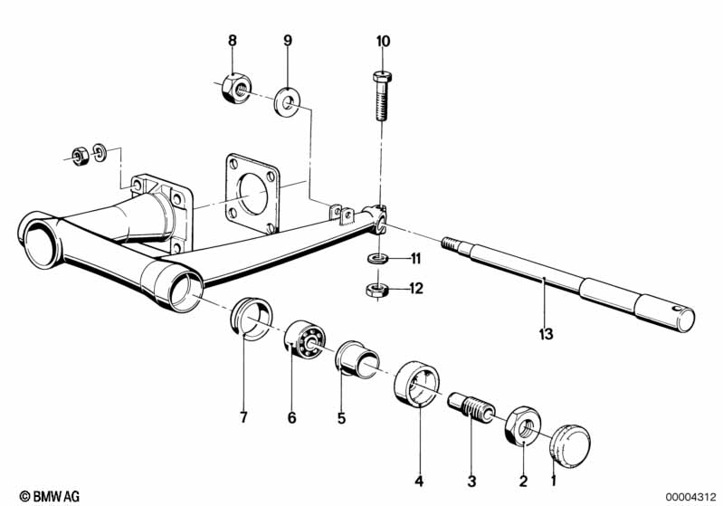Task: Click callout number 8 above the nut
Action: coord(233,41)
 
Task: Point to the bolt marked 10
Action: coord(382,96)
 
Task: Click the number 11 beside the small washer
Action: coord(416,259)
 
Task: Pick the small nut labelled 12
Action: coord(377,291)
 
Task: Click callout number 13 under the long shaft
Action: coord(546,333)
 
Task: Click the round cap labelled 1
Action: coord(569,443)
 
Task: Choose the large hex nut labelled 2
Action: coord(523,426)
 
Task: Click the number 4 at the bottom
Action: coord(419,481)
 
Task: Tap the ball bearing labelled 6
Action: coord(304,339)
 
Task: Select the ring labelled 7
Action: coord(252,319)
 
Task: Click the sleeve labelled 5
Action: coord(357,359)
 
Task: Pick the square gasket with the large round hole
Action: coord(252,193)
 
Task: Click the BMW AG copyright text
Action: coord(50,496)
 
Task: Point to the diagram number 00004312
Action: coord(690,497)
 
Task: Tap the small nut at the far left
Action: coord(81,157)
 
